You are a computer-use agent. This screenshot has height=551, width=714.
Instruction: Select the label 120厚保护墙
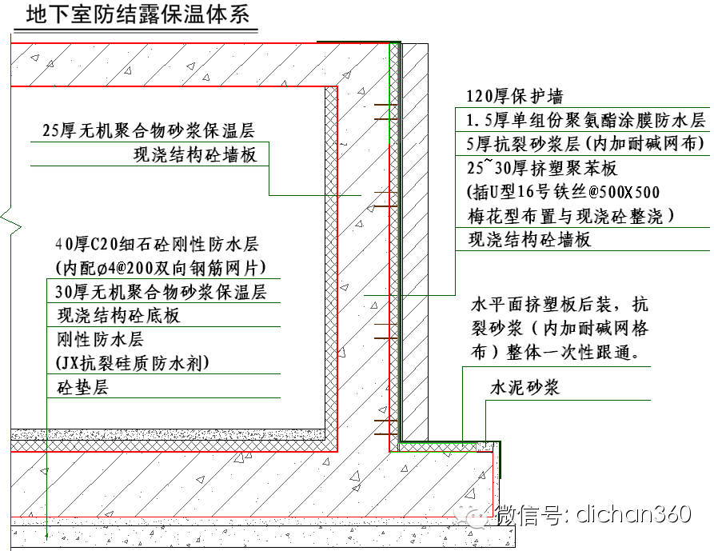(515, 97)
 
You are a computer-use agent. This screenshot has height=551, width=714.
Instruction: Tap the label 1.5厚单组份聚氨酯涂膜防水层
(586, 121)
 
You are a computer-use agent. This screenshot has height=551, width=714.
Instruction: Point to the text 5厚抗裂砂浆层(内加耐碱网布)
(586, 144)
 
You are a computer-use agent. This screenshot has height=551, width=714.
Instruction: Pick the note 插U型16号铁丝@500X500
(564, 193)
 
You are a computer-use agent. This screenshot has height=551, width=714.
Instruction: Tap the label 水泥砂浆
(524, 388)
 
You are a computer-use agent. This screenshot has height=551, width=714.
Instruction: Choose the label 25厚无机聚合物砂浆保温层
(159, 131)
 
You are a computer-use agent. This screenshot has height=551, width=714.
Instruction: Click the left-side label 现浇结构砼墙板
(195, 155)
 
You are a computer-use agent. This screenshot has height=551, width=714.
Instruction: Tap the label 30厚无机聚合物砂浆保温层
(161, 291)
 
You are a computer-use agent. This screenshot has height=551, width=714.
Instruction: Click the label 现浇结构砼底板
(118, 315)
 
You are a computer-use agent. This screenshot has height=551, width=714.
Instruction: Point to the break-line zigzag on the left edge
(6, 218)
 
